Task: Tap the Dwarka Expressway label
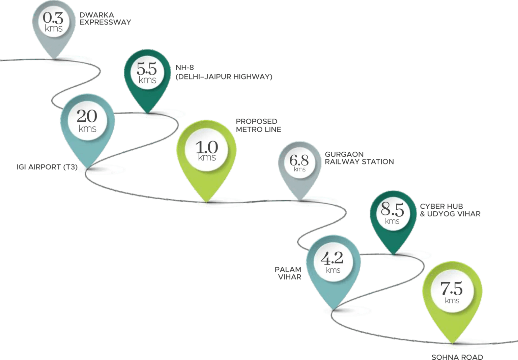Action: (x=105, y=19)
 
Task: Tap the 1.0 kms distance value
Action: (x=207, y=151)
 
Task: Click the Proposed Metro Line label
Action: (x=258, y=125)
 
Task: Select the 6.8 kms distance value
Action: (x=299, y=162)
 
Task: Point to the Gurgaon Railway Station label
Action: (x=359, y=158)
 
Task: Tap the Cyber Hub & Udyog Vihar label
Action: (x=450, y=210)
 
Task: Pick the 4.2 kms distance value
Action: (x=332, y=263)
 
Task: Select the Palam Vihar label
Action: (x=288, y=273)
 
